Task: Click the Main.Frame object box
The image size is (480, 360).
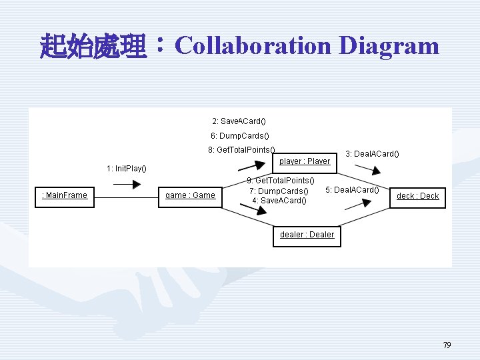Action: (x=65, y=195)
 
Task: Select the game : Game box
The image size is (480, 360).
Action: (x=190, y=195)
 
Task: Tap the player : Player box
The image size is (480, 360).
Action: (x=305, y=161)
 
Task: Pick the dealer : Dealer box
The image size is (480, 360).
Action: (x=307, y=235)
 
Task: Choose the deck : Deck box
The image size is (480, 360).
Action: (x=417, y=196)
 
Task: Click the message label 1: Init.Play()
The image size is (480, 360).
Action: (x=127, y=168)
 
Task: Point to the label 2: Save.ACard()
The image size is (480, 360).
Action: (x=239, y=121)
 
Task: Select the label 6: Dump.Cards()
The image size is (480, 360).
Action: (x=239, y=135)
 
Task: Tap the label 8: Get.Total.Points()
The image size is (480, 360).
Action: (x=241, y=149)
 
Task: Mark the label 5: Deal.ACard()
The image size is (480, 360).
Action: (x=352, y=190)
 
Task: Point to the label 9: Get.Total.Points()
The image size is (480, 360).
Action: (x=281, y=181)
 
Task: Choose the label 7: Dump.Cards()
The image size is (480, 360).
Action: (x=279, y=191)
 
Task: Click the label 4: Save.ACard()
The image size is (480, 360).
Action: (x=279, y=201)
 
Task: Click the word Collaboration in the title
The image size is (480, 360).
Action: (x=253, y=46)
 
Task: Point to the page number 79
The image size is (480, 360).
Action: (x=447, y=345)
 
